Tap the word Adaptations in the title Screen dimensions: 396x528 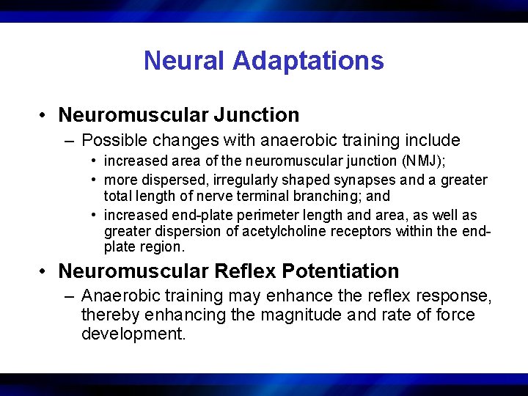[310, 60]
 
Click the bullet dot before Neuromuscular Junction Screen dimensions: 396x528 [45, 116]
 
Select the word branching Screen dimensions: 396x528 [346, 196]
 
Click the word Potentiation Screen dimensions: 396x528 [344, 271]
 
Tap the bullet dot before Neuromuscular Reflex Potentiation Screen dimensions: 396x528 [45, 272]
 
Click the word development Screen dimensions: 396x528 [134, 334]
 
